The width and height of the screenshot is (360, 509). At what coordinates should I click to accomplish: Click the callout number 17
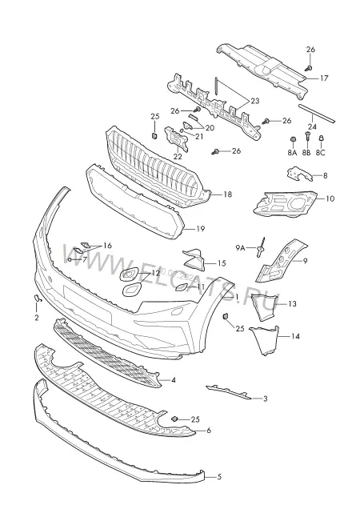(x=324, y=78)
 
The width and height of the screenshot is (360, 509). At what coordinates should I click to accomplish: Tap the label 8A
(x=292, y=152)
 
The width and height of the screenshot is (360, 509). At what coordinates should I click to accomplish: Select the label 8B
(x=306, y=152)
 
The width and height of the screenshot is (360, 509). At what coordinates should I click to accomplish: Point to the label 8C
(x=320, y=152)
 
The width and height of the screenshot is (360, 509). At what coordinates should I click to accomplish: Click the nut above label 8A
(x=292, y=139)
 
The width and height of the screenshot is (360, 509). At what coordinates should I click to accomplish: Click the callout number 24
(x=312, y=126)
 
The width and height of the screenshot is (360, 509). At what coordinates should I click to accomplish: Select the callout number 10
(x=330, y=198)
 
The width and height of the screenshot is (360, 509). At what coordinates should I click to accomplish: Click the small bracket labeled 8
(x=298, y=174)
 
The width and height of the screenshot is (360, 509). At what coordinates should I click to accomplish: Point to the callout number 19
(x=201, y=229)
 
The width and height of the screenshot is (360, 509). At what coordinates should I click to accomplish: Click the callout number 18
(x=228, y=194)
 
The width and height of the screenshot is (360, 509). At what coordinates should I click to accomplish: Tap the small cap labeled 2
(x=37, y=298)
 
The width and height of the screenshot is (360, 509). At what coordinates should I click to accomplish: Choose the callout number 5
(x=219, y=477)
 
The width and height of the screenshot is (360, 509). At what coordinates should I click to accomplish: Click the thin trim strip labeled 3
(x=229, y=392)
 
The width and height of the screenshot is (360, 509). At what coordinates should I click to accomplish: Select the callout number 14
(x=295, y=336)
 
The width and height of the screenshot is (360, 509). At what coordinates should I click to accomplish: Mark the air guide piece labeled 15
(x=194, y=259)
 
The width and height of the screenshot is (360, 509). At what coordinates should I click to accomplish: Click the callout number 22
(x=178, y=156)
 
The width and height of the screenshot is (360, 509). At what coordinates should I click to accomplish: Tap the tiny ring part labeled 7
(x=70, y=259)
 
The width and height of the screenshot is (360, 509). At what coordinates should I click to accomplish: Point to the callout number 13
(x=292, y=304)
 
